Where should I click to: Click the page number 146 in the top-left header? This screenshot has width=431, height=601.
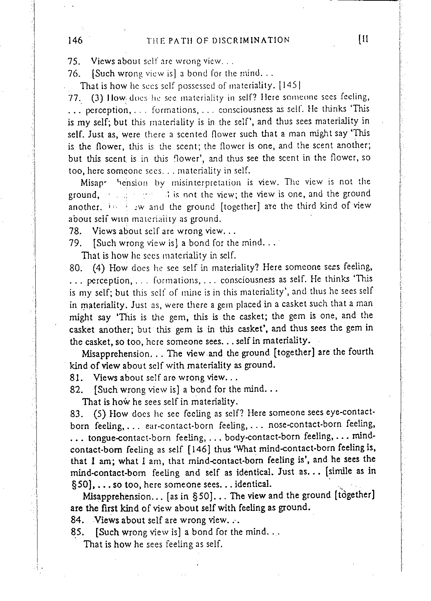tap(75, 40)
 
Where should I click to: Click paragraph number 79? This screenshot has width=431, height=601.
tap(75, 243)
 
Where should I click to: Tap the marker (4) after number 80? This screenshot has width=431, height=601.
tap(99, 268)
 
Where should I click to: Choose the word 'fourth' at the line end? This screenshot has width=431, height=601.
tap(360, 352)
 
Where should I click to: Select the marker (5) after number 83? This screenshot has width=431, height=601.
tap(99, 414)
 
